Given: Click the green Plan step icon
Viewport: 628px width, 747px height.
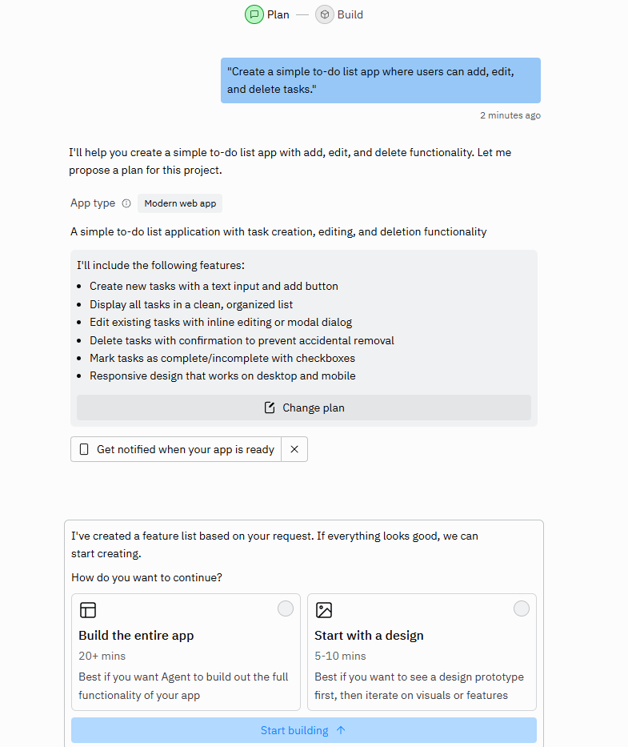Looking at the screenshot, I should click(x=254, y=14).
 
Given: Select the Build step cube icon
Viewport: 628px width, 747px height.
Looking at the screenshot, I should click(x=325, y=14).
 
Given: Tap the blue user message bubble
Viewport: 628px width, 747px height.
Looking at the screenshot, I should click(x=380, y=80).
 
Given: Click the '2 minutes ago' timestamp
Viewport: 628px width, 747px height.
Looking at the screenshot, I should click(x=510, y=115).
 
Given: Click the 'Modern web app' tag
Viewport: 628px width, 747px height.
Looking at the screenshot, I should click(x=180, y=203).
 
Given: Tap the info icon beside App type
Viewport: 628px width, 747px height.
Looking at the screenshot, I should click(x=126, y=203).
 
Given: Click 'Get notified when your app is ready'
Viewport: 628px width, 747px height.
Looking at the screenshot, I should click(x=185, y=449).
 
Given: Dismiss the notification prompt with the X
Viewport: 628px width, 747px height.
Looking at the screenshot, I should click(x=294, y=449).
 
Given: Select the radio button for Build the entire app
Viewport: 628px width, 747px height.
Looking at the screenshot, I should click(x=286, y=608).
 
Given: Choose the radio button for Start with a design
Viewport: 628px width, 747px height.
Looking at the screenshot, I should click(x=522, y=608).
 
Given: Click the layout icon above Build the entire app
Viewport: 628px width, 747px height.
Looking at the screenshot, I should click(x=88, y=610).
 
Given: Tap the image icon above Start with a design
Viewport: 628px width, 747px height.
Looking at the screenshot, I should click(x=324, y=610).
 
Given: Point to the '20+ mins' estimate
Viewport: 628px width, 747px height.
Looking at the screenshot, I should click(x=102, y=656).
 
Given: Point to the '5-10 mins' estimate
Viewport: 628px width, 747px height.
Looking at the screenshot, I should click(x=340, y=656).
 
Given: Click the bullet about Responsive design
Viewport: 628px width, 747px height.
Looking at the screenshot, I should click(x=222, y=376).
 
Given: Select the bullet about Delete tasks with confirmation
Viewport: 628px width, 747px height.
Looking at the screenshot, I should click(x=242, y=340).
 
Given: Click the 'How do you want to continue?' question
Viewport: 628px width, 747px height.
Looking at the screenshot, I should click(x=146, y=577).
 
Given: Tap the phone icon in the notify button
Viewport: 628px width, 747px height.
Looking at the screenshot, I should click(x=84, y=449).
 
